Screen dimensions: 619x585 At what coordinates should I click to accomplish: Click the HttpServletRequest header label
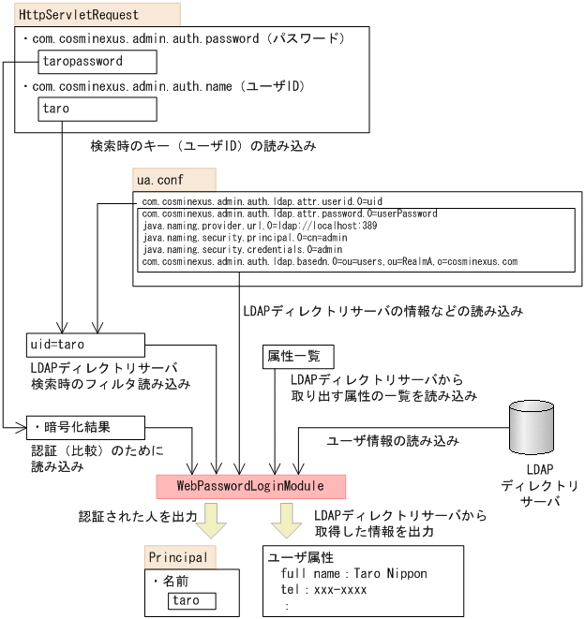(x=79, y=15)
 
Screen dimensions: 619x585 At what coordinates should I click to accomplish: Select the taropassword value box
(x=97, y=62)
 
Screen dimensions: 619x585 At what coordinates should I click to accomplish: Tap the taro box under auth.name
(x=97, y=109)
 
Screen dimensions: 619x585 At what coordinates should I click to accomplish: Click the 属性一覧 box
(x=294, y=358)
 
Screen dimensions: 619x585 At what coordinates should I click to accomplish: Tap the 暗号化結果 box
(x=85, y=427)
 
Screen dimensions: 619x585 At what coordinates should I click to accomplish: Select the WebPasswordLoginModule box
(x=250, y=486)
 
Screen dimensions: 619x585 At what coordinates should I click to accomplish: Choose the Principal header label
(x=182, y=557)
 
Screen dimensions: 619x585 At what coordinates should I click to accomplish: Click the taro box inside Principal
(x=191, y=600)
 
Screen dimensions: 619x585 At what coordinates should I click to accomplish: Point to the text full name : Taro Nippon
(x=347, y=574)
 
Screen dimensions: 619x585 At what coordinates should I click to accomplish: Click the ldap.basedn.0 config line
(x=329, y=262)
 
